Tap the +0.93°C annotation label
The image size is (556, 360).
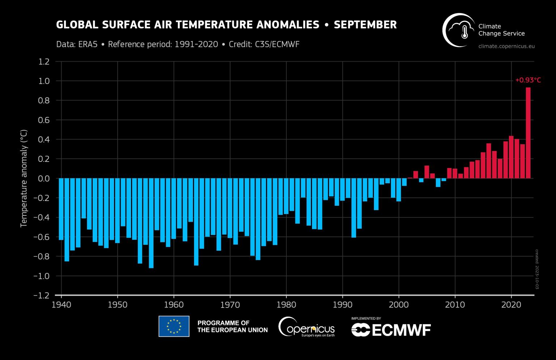click(x=528, y=80)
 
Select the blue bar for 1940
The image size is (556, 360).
click(x=61, y=209)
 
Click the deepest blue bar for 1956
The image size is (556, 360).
click(x=151, y=223)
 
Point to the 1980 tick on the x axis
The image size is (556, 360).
click(x=286, y=305)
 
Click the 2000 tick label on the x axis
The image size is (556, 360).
click(x=399, y=305)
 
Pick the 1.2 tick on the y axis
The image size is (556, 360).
click(x=44, y=62)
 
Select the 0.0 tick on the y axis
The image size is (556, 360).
click(x=44, y=179)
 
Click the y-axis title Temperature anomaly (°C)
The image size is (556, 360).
click(x=24, y=178)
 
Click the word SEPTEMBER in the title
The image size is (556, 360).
click(x=365, y=25)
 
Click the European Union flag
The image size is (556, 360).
click(x=174, y=326)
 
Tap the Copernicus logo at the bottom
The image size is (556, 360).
click(x=306, y=327)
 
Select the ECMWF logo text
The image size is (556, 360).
click(x=391, y=330)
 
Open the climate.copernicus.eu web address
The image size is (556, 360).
click(x=506, y=46)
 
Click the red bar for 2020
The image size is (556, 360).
click(x=511, y=157)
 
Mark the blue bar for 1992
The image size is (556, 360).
click(x=354, y=208)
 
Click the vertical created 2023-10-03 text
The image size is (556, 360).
click(x=537, y=269)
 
